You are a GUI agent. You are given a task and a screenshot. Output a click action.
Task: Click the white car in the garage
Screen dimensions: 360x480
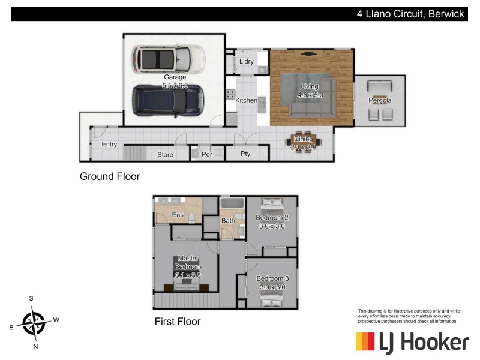[169, 59]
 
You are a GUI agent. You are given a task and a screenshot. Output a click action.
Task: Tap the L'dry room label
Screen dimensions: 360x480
[246, 62]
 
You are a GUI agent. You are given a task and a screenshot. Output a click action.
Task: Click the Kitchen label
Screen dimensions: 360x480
[246, 100]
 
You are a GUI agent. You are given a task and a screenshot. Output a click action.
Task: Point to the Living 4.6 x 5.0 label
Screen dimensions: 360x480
[310, 91]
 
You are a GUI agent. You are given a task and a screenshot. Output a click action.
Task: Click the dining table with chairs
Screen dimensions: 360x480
[303, 143]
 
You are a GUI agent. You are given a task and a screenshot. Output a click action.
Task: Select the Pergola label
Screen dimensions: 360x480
[380, 100]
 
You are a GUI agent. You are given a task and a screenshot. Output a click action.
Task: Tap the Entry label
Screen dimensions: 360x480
[109, 145]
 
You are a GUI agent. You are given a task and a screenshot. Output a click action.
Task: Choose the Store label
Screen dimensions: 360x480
[165, 155]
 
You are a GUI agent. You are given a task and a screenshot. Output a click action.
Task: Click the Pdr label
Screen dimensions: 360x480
[207, 154]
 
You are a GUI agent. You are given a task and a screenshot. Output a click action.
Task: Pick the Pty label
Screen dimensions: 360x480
[245, 154]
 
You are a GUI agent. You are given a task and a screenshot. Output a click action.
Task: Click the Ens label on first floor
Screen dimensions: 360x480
[178, 215]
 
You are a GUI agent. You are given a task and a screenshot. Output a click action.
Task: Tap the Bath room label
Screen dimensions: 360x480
[228, 221]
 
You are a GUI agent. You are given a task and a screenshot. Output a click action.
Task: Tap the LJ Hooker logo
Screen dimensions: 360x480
[412, 343]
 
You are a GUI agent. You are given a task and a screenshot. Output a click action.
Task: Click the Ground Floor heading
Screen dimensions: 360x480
[110, 177]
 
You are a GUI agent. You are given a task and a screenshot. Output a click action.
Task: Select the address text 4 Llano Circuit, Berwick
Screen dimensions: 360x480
[410, 14]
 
